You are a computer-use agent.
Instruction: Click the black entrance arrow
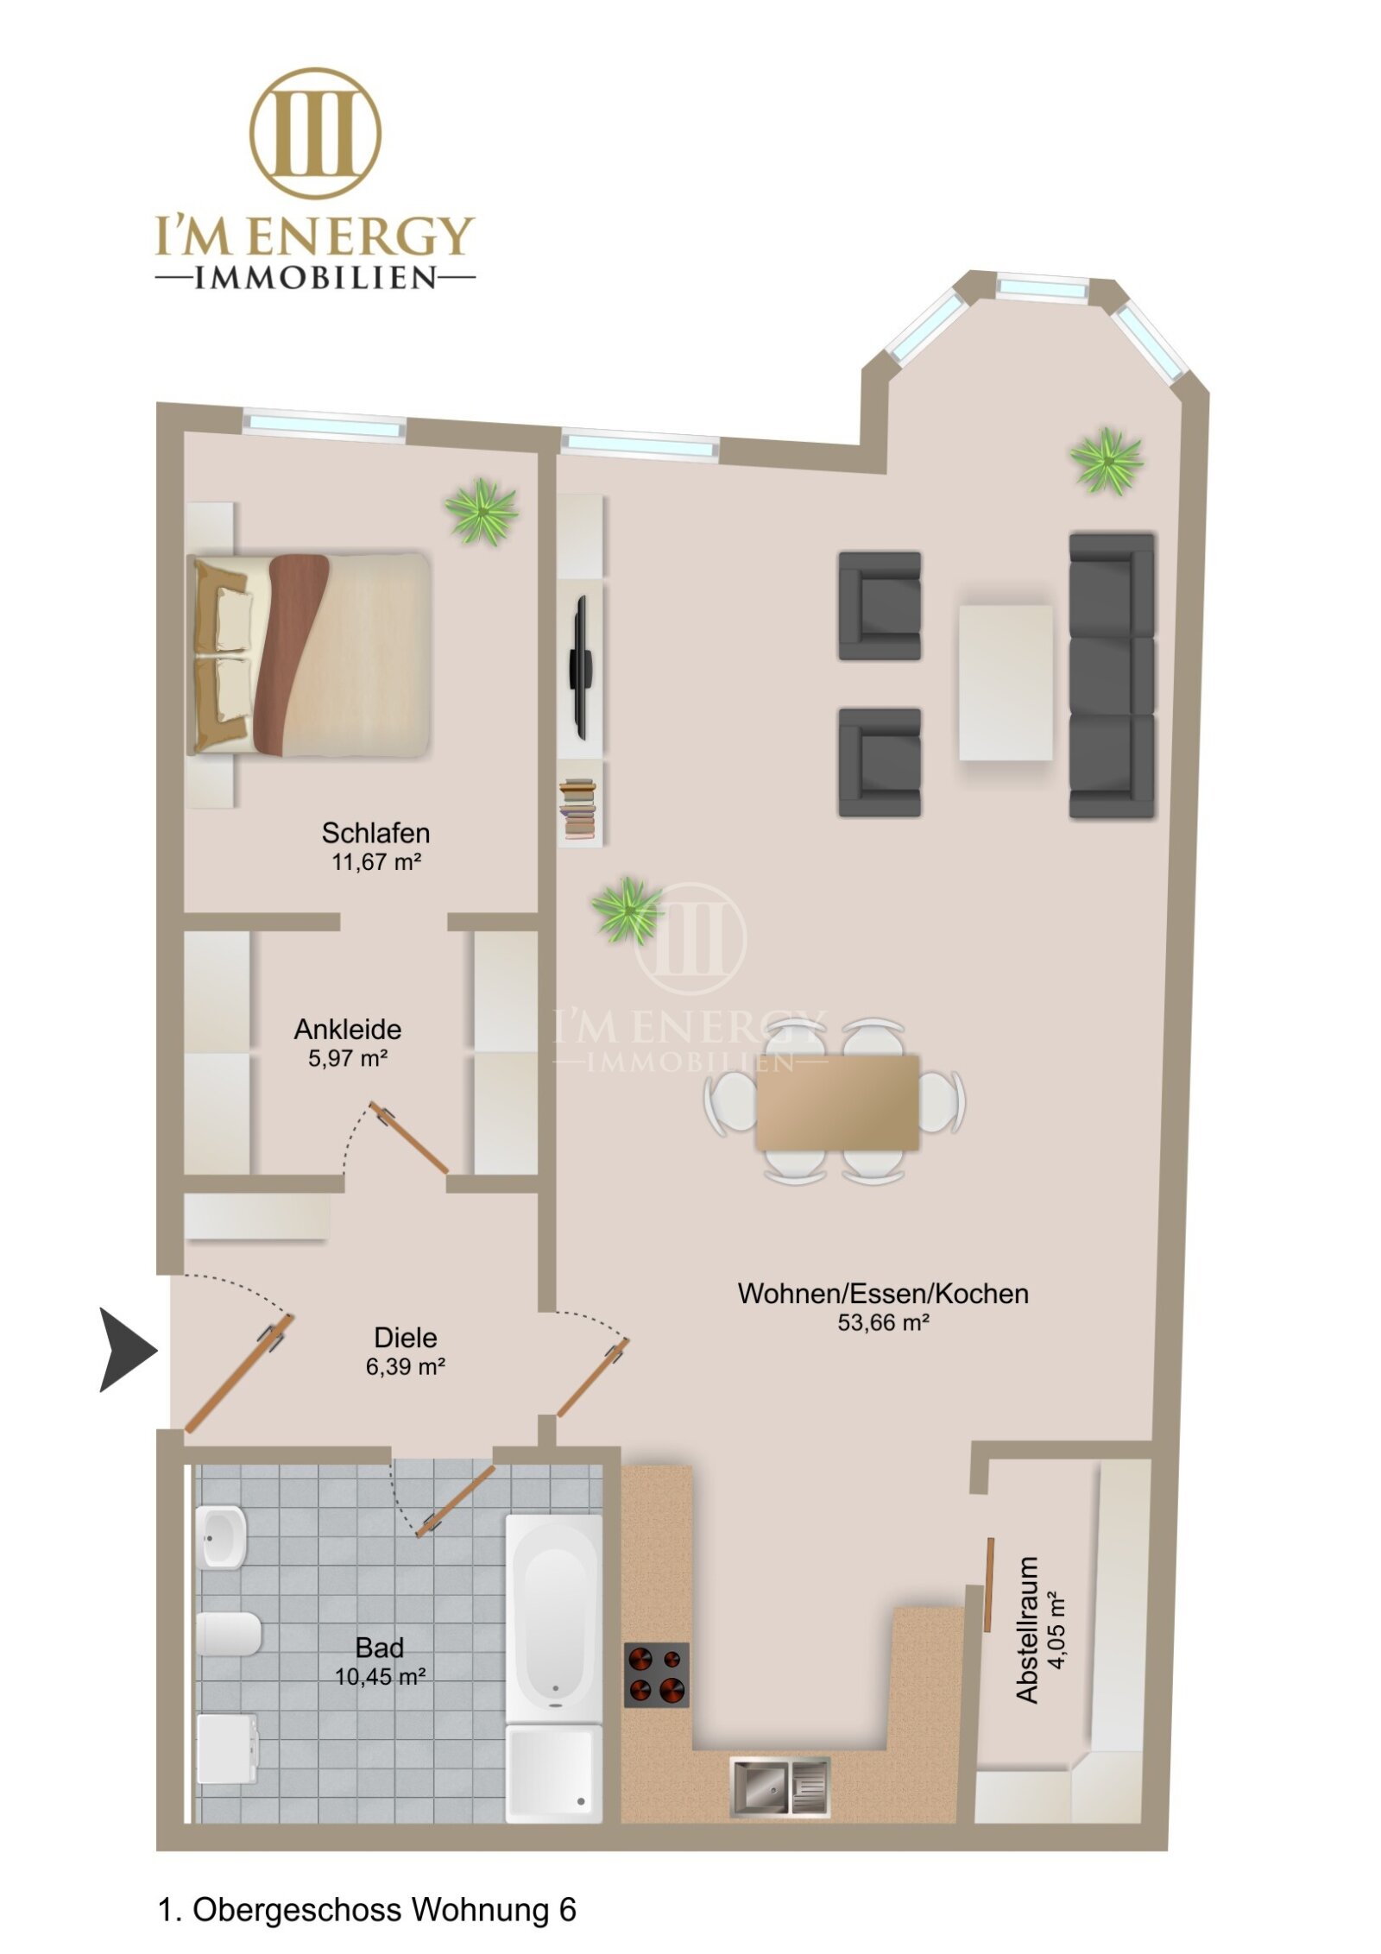(125, 1350)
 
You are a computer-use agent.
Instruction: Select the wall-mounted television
(579, 667)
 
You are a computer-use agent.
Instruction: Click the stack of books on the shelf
(578, 809)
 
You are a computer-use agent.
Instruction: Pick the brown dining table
(837, 1102)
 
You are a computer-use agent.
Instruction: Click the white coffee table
(1006, 683)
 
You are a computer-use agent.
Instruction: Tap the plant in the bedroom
(482, 512)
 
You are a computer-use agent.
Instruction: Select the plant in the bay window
(1107, 461)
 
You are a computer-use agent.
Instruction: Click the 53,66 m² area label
(883, 1322)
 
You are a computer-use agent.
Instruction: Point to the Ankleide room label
(348, 1029)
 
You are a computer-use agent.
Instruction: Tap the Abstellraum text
(1027, 1630)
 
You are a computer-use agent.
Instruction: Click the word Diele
(406, 1338)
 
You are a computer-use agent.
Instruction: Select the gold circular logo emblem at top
(316, 134)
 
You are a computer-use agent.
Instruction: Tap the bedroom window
(325, 425)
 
